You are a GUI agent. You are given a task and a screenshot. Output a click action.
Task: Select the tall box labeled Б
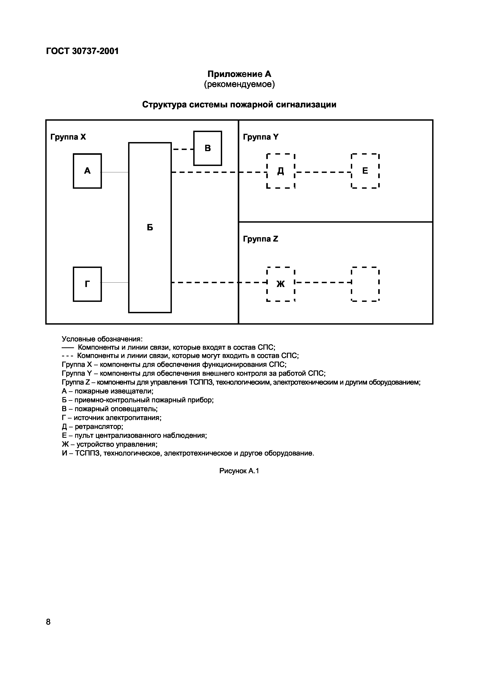pyautogui.click(x=150, y=227)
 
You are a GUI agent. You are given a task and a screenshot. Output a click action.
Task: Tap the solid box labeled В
pyautogui.click(x=207, y=148)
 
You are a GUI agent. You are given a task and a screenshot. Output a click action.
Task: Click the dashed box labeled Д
pyautogui.click(x=281, y=171)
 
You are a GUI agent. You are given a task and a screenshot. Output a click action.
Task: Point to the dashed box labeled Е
pyautogui.click(x=365, y=171)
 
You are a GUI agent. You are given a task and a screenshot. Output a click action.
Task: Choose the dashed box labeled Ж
pyautogui.click(x=281, y=284)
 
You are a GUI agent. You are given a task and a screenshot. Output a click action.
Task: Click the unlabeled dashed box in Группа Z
pyautogui.click(x=365, y=284)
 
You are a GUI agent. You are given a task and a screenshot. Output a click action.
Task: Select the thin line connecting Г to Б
pyautogui.click(x=115, y=283)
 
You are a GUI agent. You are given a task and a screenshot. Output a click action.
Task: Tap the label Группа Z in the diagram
pyautogui.click(x=260, y=239)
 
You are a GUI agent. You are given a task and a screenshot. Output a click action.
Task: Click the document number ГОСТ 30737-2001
pyautogui.click(x=82, y=51)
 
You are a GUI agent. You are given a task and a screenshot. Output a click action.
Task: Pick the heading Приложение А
pyautogui.click(x=239, y=74)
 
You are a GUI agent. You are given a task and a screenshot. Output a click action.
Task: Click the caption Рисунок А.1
pyautogui.click(x=239, y=471)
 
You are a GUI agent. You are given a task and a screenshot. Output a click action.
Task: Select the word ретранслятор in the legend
pyautogui.click(x=99, y=427)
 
